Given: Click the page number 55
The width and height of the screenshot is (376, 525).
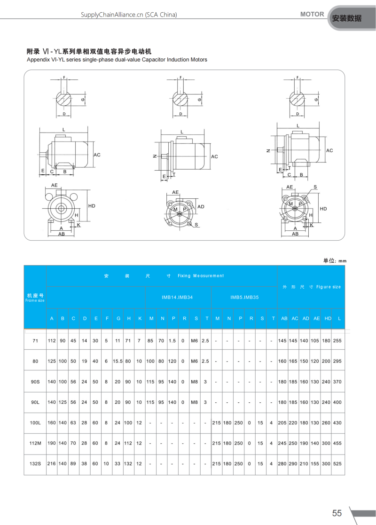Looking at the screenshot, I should click(337, 513).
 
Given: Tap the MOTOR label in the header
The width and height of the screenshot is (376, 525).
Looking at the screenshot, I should click(312, 14).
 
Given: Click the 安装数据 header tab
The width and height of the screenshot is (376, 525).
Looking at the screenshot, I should click(346, 19).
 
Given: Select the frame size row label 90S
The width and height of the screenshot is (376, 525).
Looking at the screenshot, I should click(35, 382).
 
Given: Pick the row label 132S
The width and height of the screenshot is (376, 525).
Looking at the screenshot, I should click(35, 464).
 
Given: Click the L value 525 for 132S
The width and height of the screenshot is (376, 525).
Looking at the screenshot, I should click(337, 464).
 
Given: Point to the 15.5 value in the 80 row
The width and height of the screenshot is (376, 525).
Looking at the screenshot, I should click(118, 361).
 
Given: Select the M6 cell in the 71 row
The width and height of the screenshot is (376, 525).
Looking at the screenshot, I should click(194, 341).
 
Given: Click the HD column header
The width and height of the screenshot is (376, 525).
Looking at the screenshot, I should click(328, 319).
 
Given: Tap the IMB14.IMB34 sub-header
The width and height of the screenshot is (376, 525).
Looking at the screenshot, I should click(177, 297).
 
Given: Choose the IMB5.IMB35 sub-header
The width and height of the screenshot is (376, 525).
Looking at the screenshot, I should click(244, 297).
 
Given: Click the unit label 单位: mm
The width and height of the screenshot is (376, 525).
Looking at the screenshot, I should click(334, 260).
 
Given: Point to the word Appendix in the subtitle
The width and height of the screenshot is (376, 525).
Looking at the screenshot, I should click(37, 60).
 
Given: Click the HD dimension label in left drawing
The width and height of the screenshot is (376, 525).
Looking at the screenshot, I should click(92, 206).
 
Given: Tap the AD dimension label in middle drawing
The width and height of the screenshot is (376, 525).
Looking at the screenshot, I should click(201, 207).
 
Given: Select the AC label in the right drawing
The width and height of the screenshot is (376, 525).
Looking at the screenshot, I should click(329, 150).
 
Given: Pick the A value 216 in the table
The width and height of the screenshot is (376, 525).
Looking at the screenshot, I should click(52, 464).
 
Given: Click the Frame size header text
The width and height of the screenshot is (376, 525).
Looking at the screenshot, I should click(35, 300).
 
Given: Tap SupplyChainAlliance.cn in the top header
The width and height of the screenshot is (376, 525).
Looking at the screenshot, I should click(112, 15).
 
